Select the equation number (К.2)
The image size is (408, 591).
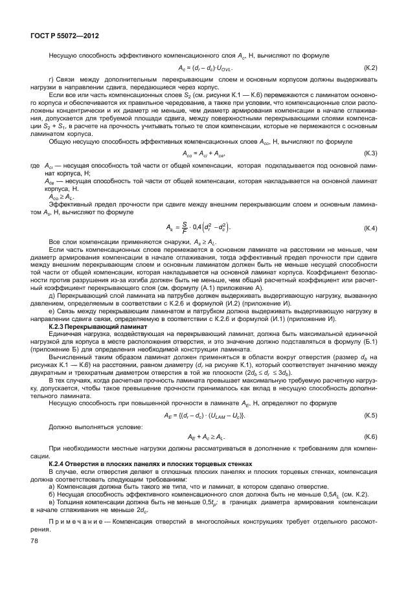pos(370,67)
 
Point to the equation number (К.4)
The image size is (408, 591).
pos(370,228)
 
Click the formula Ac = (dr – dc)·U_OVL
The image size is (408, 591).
pos(205,67)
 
